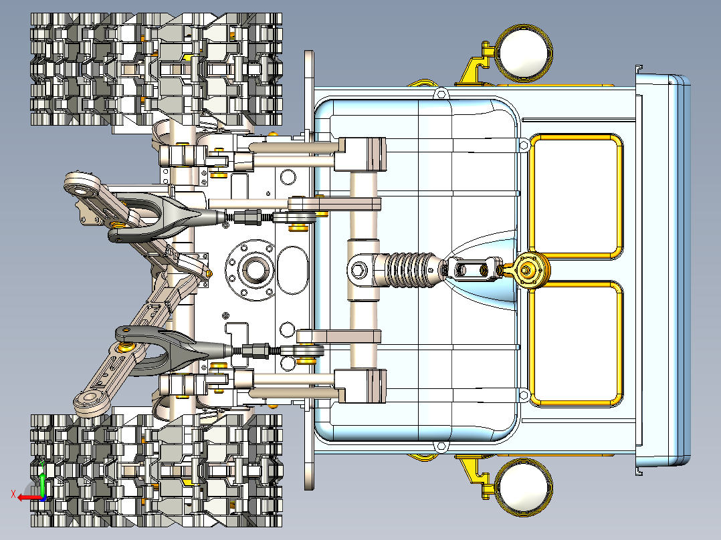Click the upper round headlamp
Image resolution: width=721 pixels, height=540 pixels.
(x=523, y=52)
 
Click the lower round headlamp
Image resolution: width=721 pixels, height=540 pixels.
(x=523, y=488)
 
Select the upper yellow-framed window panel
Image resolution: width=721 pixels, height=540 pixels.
(x=576, y=196)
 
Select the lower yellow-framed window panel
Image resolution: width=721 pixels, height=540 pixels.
(x=576, y=344)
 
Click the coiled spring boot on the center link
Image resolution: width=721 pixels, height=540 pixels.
(x=410, y=270)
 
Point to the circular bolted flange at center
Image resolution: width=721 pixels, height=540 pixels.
(x=251, y=270)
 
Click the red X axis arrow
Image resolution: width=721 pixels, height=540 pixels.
(x=27, y=498)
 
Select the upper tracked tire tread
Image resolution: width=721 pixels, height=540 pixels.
(x=157, y=69)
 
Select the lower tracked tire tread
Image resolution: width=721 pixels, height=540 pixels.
(x=157, y=470)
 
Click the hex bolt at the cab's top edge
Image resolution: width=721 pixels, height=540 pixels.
(x=441, y=94)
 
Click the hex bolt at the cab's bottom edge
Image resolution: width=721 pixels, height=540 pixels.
(x=441, y=446)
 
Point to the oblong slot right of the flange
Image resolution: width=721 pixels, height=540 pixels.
(x=293, y=270)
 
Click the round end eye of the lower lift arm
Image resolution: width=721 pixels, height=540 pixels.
(x=88, y=403)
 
